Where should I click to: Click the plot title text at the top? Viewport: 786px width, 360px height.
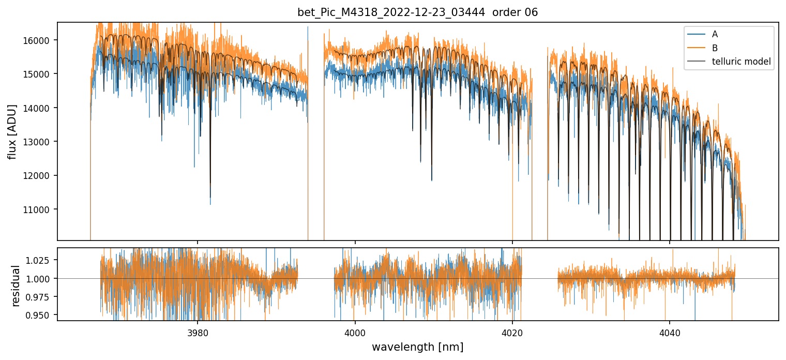point(417,12)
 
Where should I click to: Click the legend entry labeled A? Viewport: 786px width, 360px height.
point(715,35)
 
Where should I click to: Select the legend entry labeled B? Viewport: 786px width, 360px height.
point(715,48)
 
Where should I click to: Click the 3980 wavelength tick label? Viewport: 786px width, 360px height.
point(198,332)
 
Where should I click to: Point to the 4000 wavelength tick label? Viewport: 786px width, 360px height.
point(355,332)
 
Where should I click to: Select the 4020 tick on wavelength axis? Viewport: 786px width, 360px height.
point(512,332)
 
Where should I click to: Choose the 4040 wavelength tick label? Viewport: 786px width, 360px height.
point(670,332)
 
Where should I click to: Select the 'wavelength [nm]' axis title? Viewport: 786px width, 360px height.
point(417,347)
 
